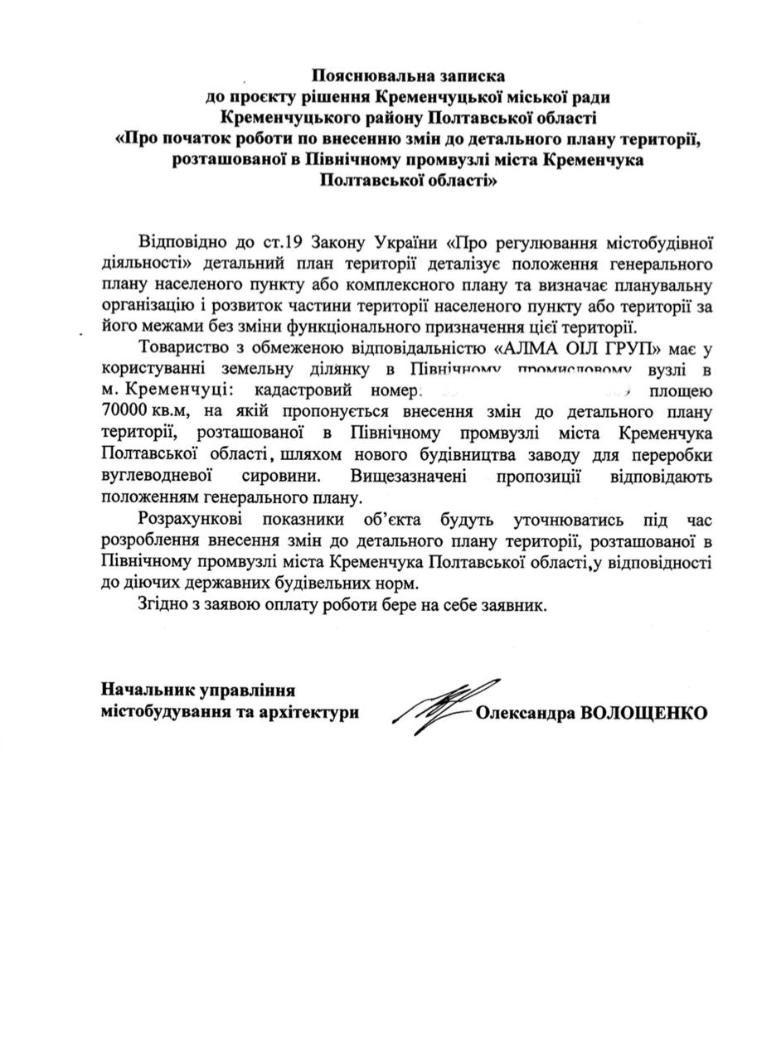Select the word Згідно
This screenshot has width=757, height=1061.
tap(163, 605)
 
